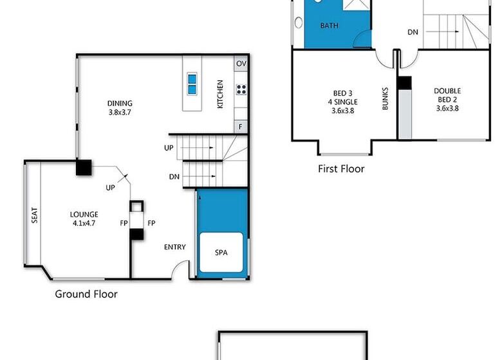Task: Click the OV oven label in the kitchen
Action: pyautogui.click(x=241, y=64)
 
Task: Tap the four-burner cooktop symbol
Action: pyautogui.click(x=241, y=89)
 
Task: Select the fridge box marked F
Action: pyautogui.click(x=241, y=127)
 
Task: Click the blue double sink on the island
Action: pyautogui.click(x=192, y=84)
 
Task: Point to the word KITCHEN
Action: pyautogui.click(x=220, y=94)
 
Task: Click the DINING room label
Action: pyautogui.click(x=120, y=104)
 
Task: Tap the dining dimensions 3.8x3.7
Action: pyautogui.click(x=120, y=112)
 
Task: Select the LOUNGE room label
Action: pyautogui.click(x=84, y=215)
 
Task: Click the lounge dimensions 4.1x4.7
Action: pyautogui.click(x=84, y=223)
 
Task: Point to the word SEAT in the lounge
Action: pyautogui.click(x=35, y=215)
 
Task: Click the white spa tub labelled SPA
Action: pyautogui.click(x=221, y=252)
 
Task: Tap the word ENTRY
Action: pyautogui.click(x=175, y=247)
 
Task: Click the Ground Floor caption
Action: pyautogui.click(x=86, y=294)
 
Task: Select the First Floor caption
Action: pyautogui.click(x=341, y=168)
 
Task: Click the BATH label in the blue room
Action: pyautogui.click(x=329, y=26)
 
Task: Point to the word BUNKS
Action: pyautogui.click(x=385, y=99)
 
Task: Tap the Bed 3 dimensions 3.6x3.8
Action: pyautogui.click(x=343, y=111)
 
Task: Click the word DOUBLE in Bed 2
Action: pyautogui.click(x=447, y=91)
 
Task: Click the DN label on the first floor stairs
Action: pyautogui.click(x=413, y=32)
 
